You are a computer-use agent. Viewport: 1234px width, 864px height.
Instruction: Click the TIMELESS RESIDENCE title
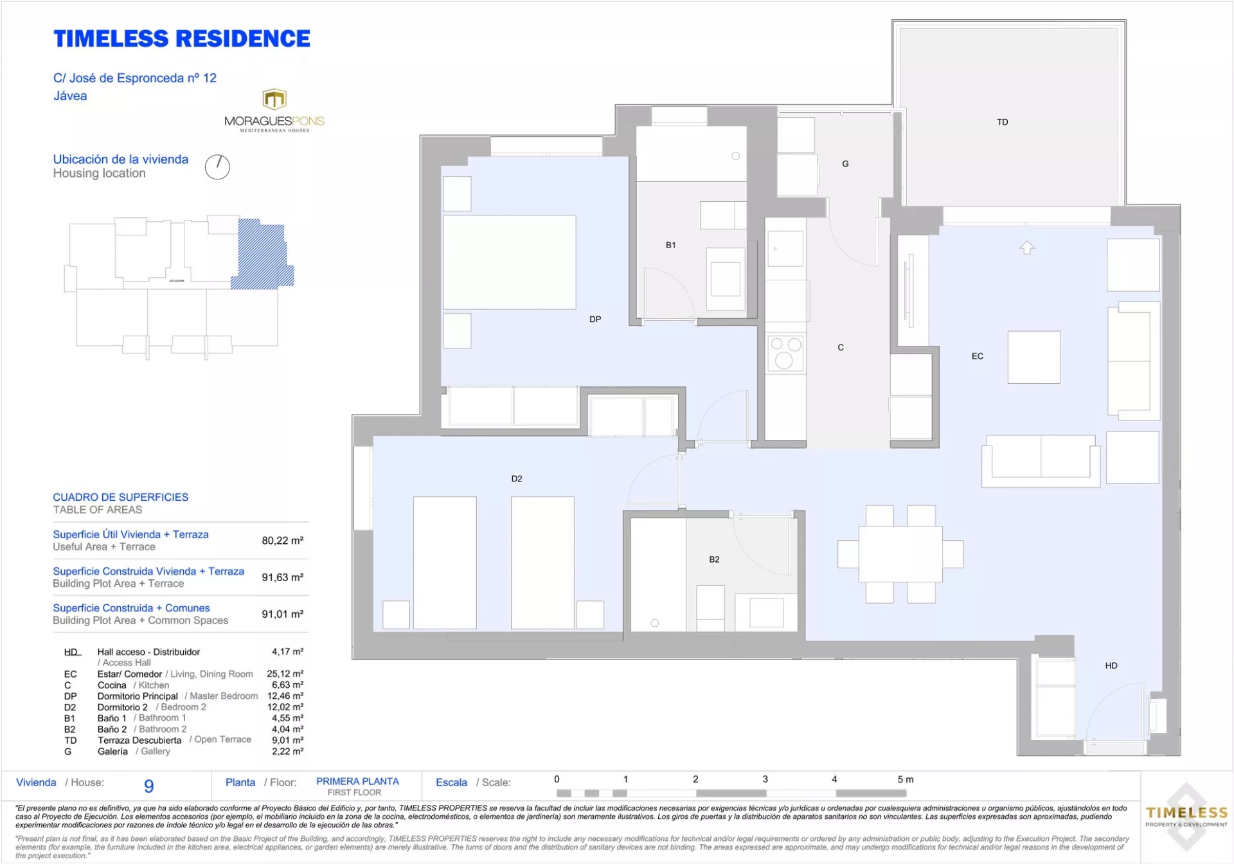(x=182, y=39)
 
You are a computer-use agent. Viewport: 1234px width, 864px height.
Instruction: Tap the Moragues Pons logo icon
(x=274, y=99)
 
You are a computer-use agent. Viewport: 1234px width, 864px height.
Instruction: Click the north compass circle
(x=217, y=167)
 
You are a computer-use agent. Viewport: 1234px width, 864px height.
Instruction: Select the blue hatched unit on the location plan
(x=262, y=254)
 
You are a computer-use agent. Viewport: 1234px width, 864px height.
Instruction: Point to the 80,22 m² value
(x=282, y=541)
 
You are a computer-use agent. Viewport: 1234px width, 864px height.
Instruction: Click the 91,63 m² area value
(x=282, y=577)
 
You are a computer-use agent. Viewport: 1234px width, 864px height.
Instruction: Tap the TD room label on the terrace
(x=1003, y=122)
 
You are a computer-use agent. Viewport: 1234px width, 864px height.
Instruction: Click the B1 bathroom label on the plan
(x=670, y=245)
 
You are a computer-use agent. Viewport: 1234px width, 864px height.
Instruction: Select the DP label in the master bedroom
(x=595, y=319)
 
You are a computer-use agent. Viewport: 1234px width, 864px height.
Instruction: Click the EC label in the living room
(x=978, y=356)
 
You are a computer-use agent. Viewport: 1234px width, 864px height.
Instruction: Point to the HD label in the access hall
(x=1111, y=666)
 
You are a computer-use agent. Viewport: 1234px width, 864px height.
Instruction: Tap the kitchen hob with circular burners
(x=785, y=353)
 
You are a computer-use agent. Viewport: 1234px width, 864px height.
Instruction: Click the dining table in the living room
(x=900, y=554)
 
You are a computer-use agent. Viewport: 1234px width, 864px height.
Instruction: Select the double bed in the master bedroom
(x=510, y=262)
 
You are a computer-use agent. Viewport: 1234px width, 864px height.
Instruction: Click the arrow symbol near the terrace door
(x=1027, y=248)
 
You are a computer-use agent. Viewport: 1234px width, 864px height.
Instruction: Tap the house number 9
(x=149, y=786)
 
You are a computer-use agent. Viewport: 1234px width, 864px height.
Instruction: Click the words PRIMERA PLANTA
(x=357, y=781)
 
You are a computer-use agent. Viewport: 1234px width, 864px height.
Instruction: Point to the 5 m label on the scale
(x=906, y=779)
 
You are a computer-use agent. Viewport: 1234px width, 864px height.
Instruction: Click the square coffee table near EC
(x=1034, y=357)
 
